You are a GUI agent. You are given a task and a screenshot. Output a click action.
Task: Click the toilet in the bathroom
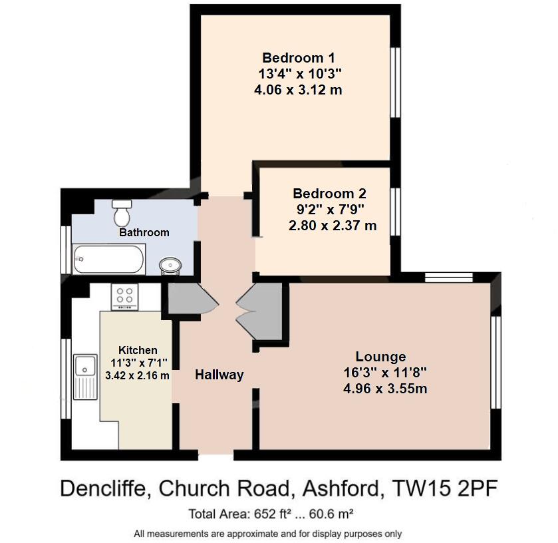point(122,212)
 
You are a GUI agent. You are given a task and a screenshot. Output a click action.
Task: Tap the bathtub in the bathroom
point(108,259)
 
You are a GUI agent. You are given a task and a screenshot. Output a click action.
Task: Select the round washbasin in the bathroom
point(170,266)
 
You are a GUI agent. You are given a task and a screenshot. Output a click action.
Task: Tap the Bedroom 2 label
point(329,194)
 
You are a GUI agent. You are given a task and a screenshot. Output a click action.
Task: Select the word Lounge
point(380,356)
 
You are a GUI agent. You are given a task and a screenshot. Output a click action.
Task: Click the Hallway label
point(219,375)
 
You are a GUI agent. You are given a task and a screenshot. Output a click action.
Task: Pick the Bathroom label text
point(144,232)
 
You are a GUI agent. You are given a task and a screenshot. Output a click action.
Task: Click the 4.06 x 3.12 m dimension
point(298,89)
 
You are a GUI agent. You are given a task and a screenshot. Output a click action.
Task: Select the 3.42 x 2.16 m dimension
point(137,375)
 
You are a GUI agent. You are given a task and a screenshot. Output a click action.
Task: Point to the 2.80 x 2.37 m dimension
point(332,226)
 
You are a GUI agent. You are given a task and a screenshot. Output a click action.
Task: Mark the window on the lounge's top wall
point(448,278)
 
